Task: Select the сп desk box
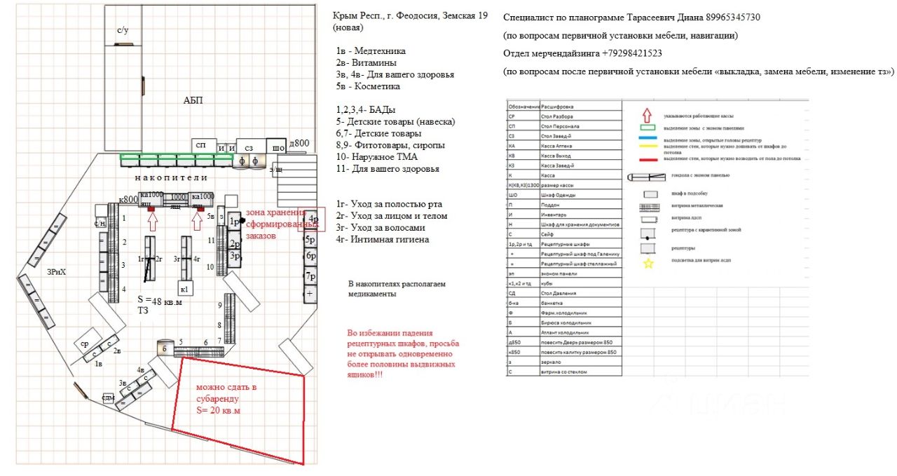pyautogui.click(x=202, y=144)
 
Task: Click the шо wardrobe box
pyautogui.click(x=278, y=147)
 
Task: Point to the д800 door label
pyautogui.click(x=299, y=144)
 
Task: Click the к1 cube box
pyautogui.click(x=184, y=288)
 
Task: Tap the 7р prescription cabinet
pyautogui.click(x=310, y=276)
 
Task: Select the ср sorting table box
pyautogui.click(x=84, y=344)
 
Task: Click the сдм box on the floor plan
pyautogui.click(x=108, y=398)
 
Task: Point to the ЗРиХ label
pyautogui.click(x=57, y=271)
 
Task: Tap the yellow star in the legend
pyautogui.click(x=648, y=264)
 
